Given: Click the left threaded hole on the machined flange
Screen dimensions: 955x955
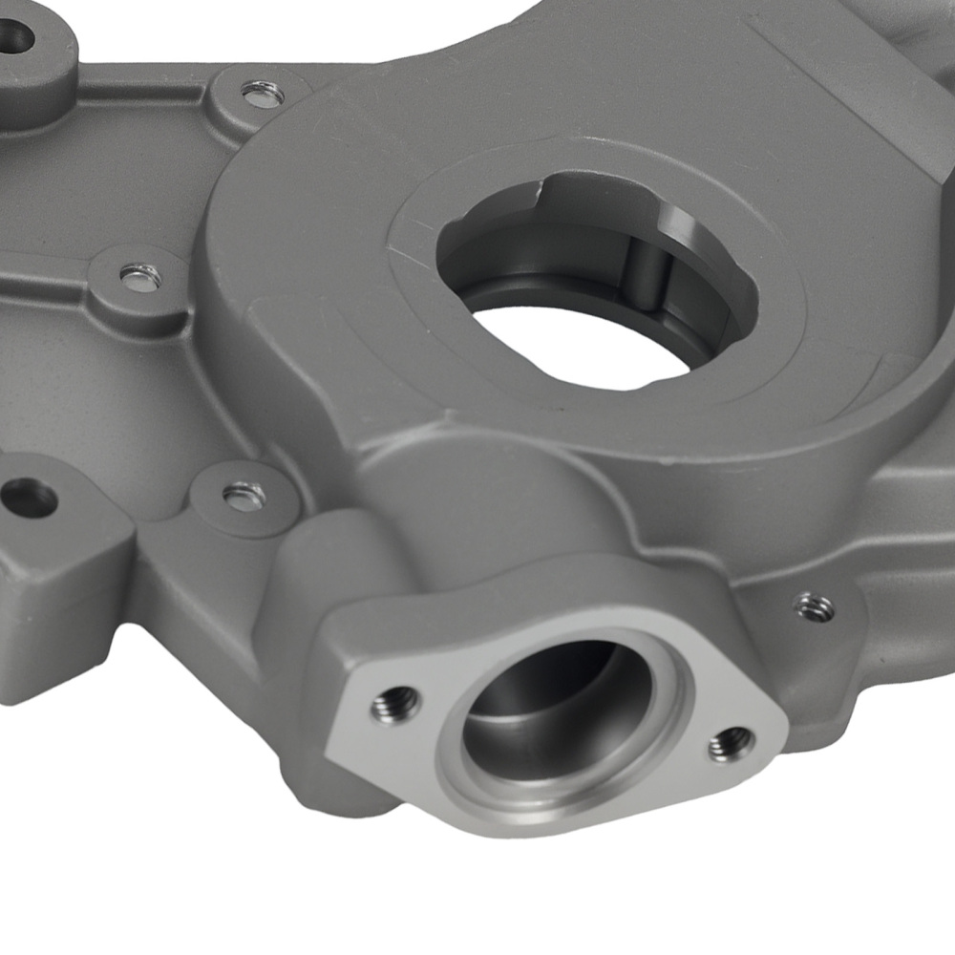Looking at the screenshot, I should (x=395, y=704).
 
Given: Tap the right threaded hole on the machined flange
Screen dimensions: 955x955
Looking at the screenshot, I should (x=732, y=742).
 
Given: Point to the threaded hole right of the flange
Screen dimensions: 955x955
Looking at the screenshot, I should (x=814, y=605).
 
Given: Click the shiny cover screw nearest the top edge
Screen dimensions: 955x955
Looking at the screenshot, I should (x=262, y=94).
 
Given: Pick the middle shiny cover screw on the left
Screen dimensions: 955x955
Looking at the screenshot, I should (x=140, y=277).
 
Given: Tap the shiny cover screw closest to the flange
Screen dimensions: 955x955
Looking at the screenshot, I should (x=244, y=495).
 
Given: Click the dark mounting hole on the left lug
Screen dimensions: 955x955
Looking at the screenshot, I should (x=29, y=498).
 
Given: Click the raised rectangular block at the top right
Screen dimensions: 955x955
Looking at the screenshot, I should (x=859, y=86).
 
